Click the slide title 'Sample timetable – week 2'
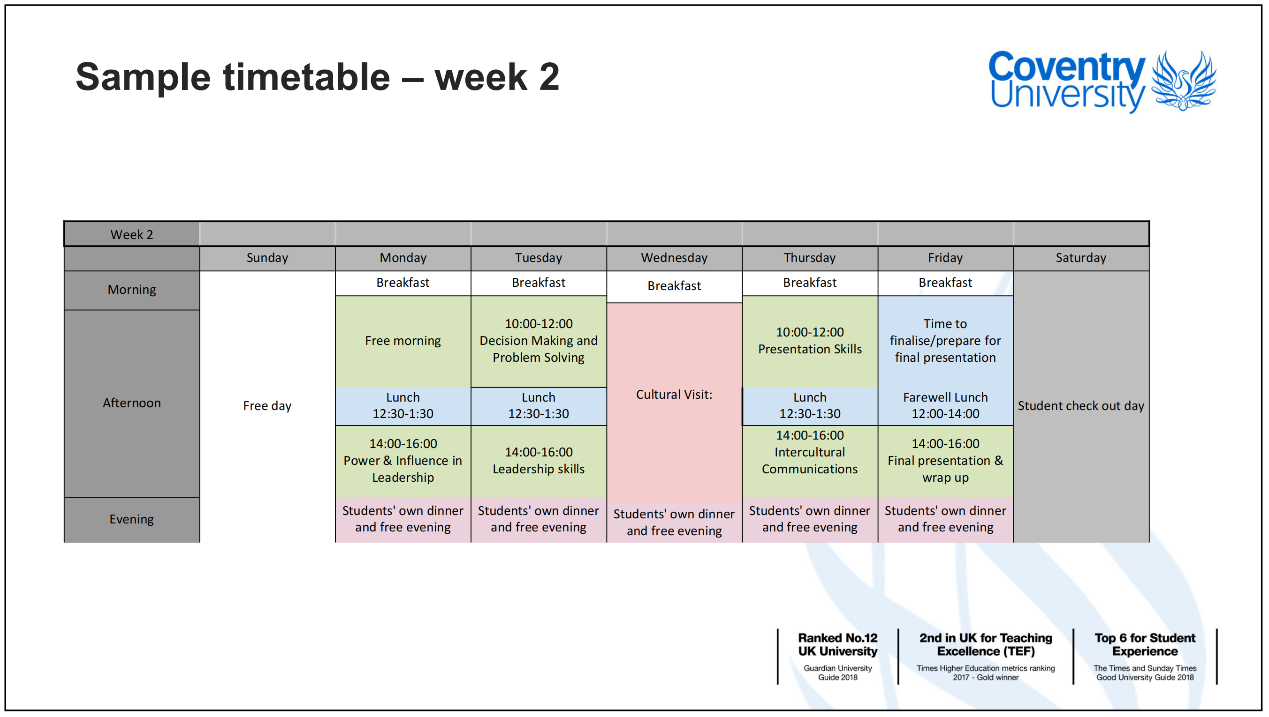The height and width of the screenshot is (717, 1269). click(318, 77)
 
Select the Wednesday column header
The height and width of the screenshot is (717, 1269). click(674, 258)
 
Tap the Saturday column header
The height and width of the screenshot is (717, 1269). click(1081, 258)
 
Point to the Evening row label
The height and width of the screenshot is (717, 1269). click(131, 520)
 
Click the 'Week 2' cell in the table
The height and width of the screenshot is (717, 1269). click(131, 234)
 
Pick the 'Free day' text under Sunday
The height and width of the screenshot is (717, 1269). click(267, 406)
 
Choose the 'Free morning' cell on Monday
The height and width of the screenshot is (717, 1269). click(403, 341)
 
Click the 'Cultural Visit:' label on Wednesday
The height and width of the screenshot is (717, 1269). click(674, 395)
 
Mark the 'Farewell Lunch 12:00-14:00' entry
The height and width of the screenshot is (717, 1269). click(945, 406)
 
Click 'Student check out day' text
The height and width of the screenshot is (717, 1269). click(1081, 406)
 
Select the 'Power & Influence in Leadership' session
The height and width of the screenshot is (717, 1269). click(403, 461)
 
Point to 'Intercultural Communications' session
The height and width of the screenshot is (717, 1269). click(810, 461)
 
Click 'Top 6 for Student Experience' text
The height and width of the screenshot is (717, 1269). click(1145, 645)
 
